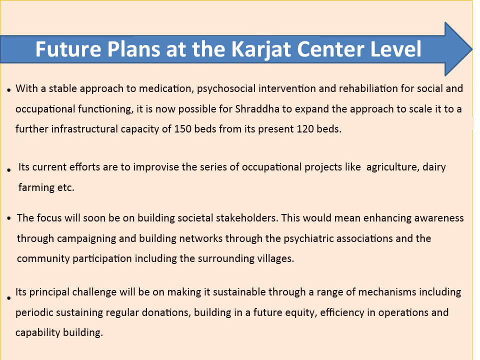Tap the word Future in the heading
pos(68,49)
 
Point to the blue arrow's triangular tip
pos(471,49)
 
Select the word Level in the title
pos(395,49)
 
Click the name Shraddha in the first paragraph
pos(257,109)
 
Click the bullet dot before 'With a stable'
pos(9,90)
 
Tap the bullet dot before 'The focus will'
pos(9,218)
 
